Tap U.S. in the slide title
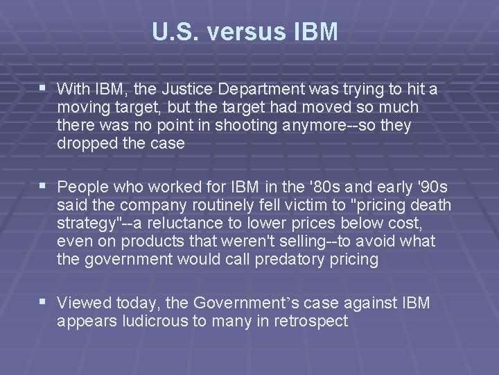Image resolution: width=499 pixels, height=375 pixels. pyautogui.click(x=173, y=32)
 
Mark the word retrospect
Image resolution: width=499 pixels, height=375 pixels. pyautogui.click(x=313, y=322)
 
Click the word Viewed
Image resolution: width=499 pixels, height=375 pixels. pyautogui.click(x=82, y=303)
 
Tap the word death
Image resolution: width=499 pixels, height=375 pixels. pyautogui.click(x=431, y=206)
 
